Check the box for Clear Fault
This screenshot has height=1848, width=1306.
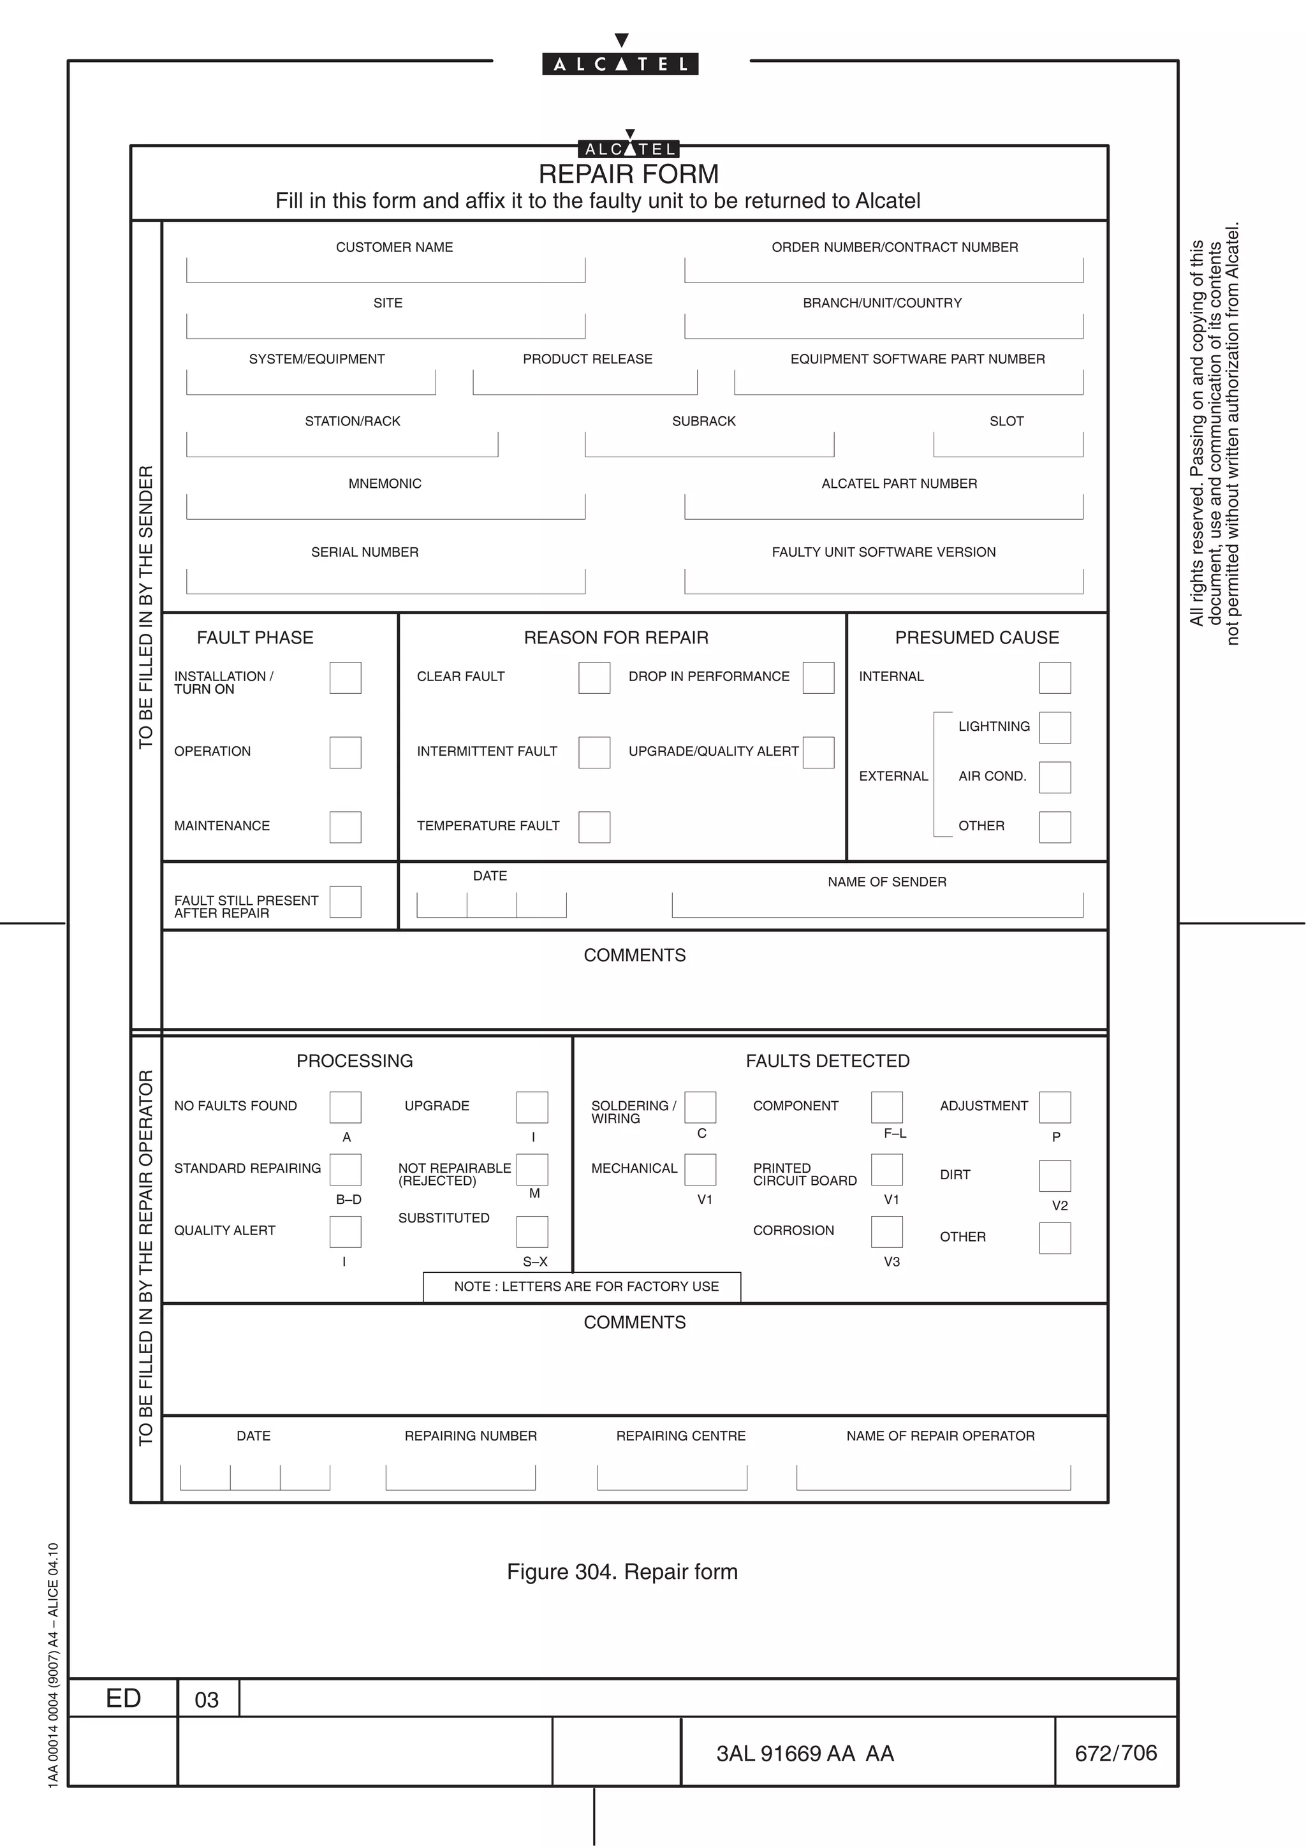pyautogui.click(x=594, y=678)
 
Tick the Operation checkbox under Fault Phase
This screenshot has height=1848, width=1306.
pyautogui.click(x=345, y=752)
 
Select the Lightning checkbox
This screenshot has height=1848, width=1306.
pyautogui.click(x=1054, y=728)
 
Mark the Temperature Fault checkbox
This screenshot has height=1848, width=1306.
pyautogui.click(x=594, y=826)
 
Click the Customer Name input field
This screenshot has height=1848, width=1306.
pyautogui.click(x=385, y=271)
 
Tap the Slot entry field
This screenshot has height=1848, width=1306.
pyautogui.click(x=1008, y=445)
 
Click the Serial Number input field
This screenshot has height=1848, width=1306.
pyautogui.click(x=385, y=582)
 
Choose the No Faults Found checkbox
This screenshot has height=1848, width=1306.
pyautogui.click(x=345, y=1108)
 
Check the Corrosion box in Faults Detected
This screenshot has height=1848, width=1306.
pyautogui.click(x=887, y=1231)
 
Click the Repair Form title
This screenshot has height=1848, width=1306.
pyautogui.click(x=629, y=174)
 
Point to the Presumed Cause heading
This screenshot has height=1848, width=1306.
pyautogui.click(x=977, y=638)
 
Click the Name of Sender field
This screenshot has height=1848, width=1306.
pyautogui.click(x=877, y=906)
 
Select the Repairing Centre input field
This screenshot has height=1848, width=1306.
pyautogui.click(x=672, y=1478)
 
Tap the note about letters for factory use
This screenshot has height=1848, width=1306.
pyautogui.click(x=586, y=1286)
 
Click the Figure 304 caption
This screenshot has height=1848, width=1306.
pyautogui.click(x=622, y=1571)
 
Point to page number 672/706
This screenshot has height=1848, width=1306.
pyautogui.click(x=1115, y=1753)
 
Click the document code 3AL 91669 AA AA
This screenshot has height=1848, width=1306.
pyautogui.click(x=805, y=1754)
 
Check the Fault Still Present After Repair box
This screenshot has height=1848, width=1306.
pyautogui.click(x=345, y=902)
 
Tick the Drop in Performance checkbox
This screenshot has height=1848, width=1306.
pyautogui.click(x=818, y=678)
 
